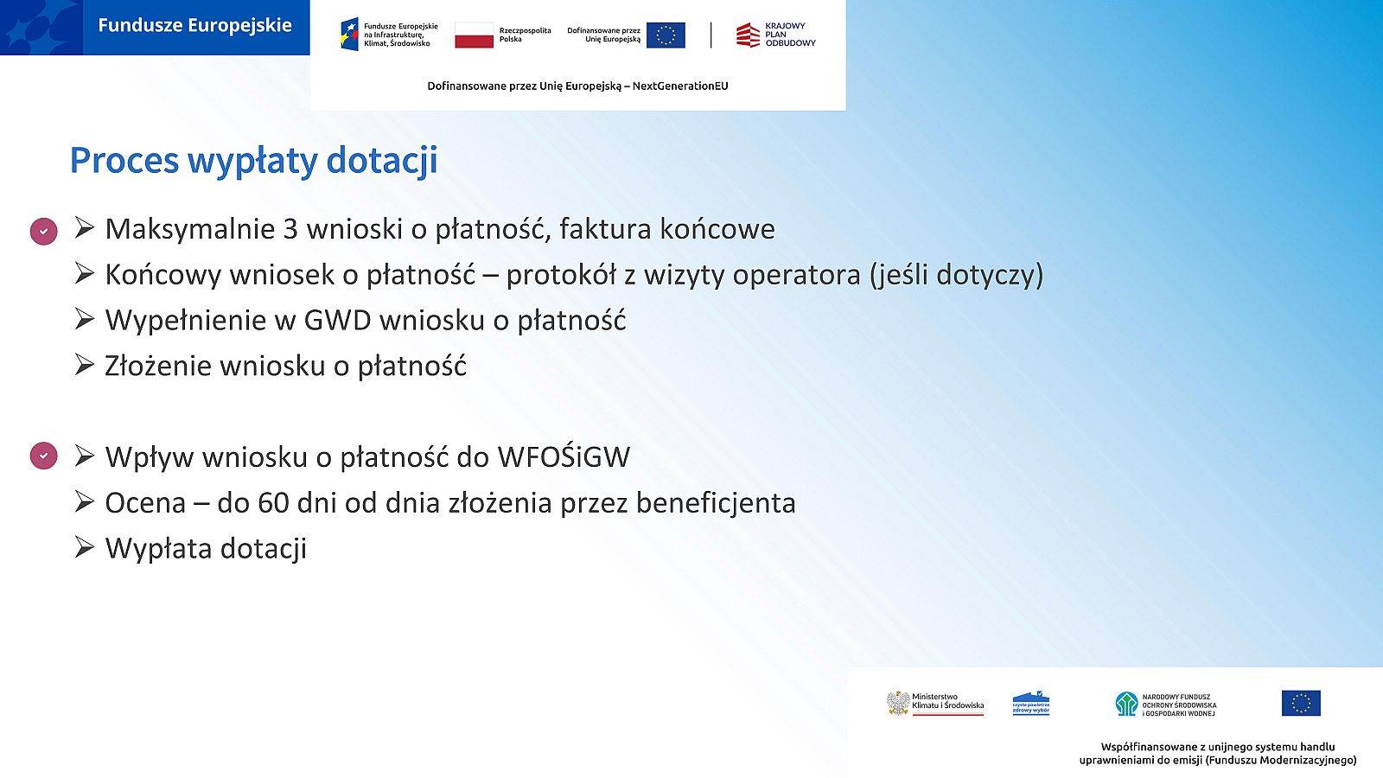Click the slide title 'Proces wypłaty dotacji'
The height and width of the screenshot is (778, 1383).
coord(254,161)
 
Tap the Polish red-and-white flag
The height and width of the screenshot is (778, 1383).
coord(475,35)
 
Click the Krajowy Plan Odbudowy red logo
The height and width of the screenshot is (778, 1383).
coord(748,35)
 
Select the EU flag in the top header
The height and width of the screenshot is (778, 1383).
coord(666,35)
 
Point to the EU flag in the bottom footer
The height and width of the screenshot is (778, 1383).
coord(1301,704)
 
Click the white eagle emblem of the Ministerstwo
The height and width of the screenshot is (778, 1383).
coord(898,704)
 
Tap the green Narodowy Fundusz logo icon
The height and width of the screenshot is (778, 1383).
coord(1127,704)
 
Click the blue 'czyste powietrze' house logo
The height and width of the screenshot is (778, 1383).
coord(1031,704)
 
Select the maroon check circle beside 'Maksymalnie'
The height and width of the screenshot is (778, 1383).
coord(44,232)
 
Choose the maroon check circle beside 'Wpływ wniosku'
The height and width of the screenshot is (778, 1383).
coord(44,456)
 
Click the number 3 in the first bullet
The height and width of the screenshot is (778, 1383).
coord(290,229)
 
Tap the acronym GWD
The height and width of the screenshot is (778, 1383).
coord(337,321)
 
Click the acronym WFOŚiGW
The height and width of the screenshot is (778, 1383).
coord(564,457)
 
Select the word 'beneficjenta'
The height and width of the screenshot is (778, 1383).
coord(717,503)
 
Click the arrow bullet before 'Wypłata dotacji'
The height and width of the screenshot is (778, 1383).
coord(85,547)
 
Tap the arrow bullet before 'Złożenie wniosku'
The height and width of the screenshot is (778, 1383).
coord(85,364)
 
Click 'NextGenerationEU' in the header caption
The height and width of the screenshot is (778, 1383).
coord(680,86)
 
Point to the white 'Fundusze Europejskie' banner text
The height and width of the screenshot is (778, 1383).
coord(195,25)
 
